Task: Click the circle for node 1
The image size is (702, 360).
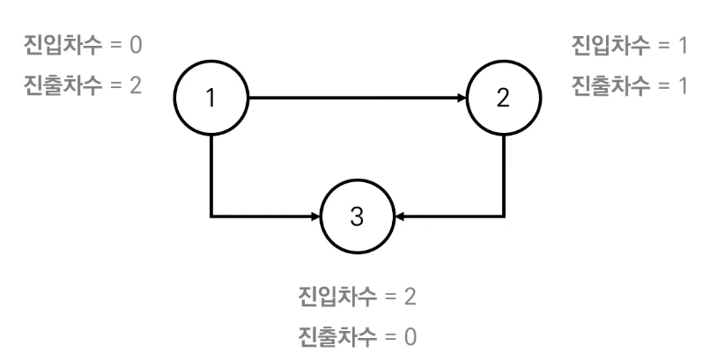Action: tap(211, 97)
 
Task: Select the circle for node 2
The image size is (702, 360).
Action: tap(503, 97)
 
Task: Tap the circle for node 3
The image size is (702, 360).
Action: tap(357, 216)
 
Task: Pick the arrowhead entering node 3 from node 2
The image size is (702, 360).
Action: tap(399, 216)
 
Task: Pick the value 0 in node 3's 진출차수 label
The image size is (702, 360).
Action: tap(410, 335)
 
